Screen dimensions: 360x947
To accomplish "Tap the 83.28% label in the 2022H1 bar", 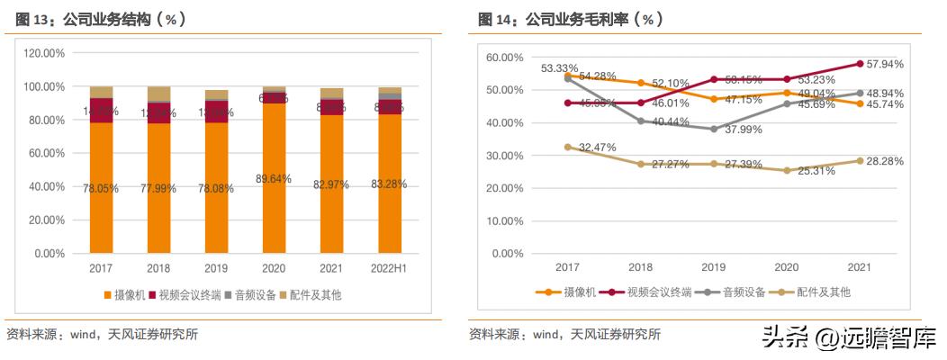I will point(388,184).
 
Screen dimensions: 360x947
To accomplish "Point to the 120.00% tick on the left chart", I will point(43,54).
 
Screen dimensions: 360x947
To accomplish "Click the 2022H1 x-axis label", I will point(389,268).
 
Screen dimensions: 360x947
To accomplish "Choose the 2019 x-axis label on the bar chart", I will point(216,268).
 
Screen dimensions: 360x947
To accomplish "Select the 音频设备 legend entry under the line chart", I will point(735,292).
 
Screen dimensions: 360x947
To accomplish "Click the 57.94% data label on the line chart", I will point(885,64).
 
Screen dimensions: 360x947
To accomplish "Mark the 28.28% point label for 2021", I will point(885,161).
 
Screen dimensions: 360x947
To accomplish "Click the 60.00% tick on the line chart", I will point(504,58).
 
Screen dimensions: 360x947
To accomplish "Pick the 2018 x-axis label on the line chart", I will point(640,268).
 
